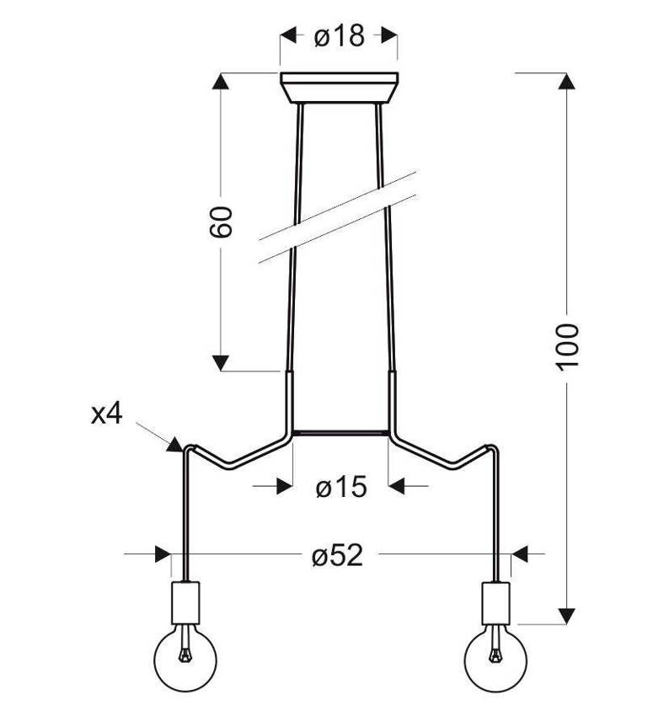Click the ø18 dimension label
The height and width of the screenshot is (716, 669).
(339, 36)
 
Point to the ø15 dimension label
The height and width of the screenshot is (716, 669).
(341, 487)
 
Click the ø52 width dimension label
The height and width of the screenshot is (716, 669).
(336, 555)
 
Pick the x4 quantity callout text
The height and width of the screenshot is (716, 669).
(107, 414)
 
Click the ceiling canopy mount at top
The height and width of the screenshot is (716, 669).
(339, 88)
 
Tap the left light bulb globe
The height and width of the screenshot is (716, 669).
(184, 655)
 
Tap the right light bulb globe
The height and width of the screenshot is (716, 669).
(495, 655)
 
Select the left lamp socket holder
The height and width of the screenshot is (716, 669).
(184, 600)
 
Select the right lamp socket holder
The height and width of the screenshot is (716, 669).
(495, 600)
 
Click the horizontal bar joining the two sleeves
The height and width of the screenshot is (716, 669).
(340, 434)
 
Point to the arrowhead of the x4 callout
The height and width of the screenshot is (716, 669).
(175, 444)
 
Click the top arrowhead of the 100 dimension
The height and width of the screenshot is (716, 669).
(568, 83)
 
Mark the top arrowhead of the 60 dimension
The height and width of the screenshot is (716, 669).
(221, 83)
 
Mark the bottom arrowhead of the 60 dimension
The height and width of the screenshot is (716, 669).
(221, 362)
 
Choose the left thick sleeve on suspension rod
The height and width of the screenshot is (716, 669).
(288, 401)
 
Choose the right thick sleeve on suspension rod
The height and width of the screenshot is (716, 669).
(392, 401)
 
